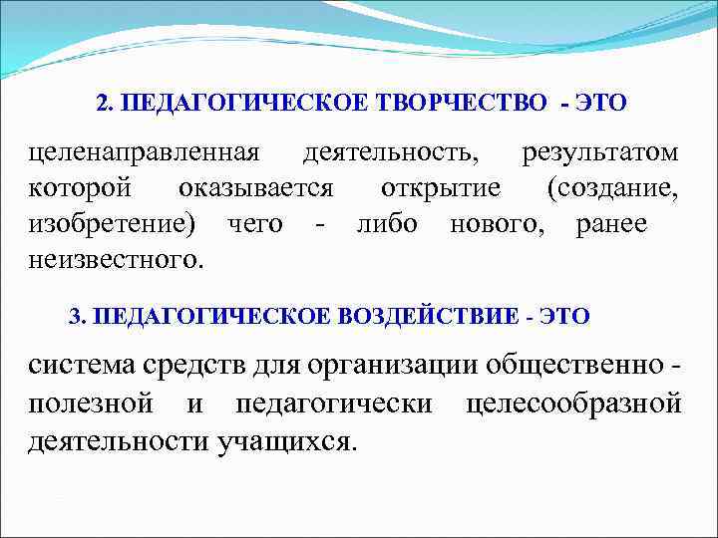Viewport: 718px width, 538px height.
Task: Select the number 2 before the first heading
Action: (x=104, y=103)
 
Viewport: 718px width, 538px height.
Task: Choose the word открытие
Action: (x=440, y=188)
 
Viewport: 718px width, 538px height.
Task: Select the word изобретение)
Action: (x=112, y=224)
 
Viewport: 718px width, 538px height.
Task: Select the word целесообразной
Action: (x=573, y=403)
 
